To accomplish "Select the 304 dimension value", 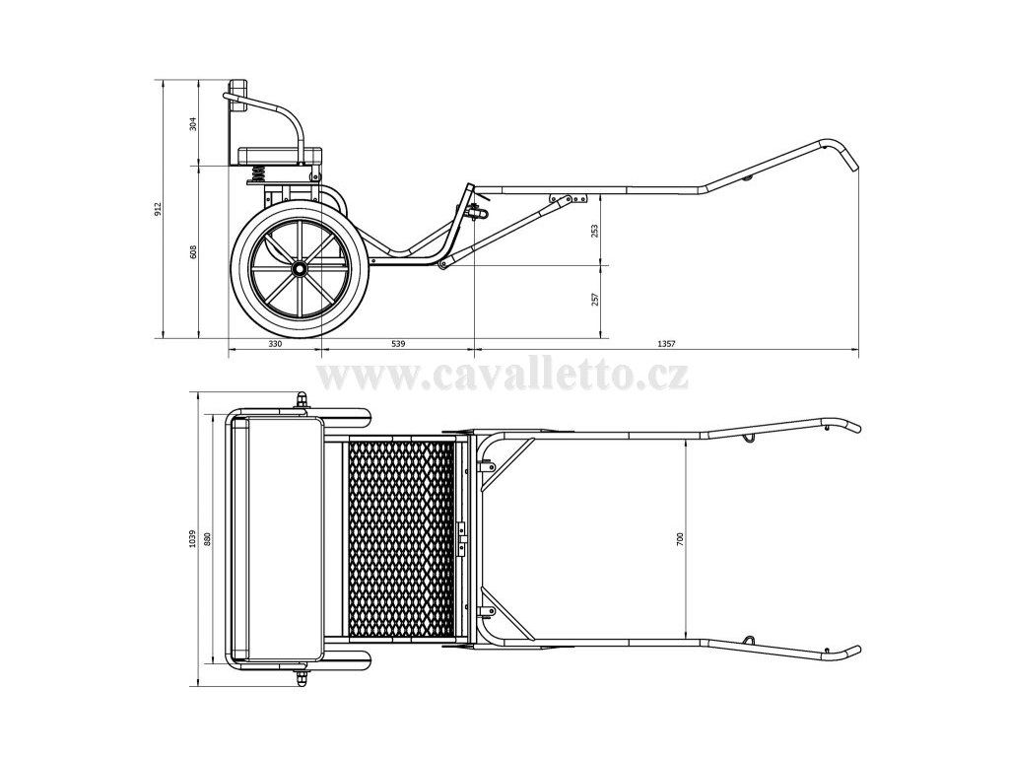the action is coord(193,124).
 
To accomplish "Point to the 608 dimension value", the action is coord(193,252).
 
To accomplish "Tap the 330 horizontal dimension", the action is coord(275,344).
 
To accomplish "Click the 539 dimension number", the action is coord(398,344).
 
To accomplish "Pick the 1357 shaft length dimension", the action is coord(664,344).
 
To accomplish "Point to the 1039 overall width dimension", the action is coord(194,537).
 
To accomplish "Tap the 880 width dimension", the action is coord(209,537).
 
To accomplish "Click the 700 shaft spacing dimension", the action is coord(680,537).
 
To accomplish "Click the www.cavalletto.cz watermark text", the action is coord(504,376).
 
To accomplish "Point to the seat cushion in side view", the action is coord(279,155).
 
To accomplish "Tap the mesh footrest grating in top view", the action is coord(401,538).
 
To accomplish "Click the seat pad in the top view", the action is coord(283,538).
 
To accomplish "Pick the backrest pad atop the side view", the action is coord(238,89).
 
